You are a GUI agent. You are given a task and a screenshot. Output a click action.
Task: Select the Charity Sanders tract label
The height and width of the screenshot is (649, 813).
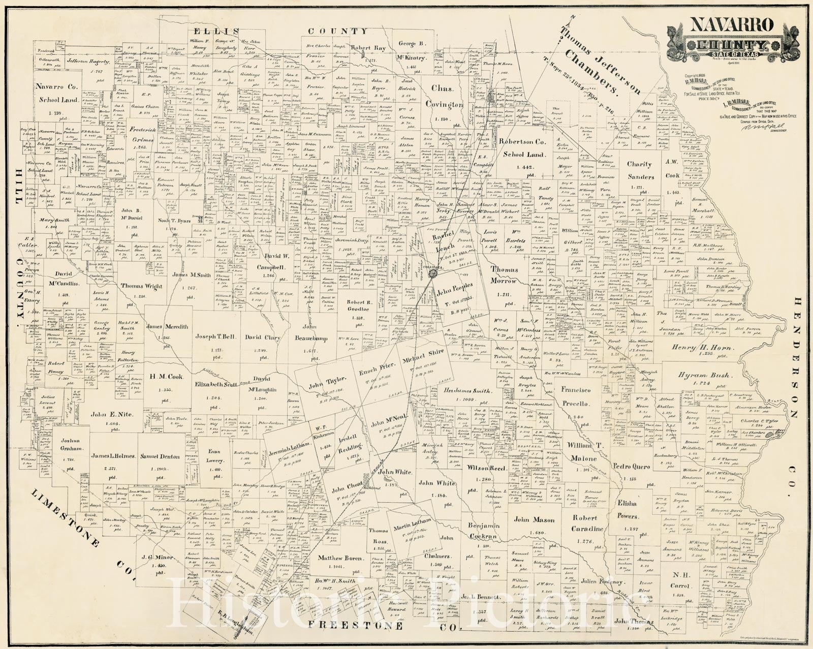point(639,170)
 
